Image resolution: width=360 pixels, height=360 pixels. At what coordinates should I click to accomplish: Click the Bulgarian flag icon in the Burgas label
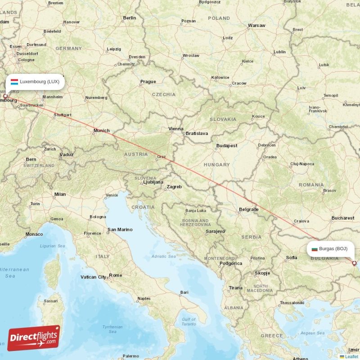coord(315,248)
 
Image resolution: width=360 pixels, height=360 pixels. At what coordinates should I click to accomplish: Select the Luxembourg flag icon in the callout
coord(14,81)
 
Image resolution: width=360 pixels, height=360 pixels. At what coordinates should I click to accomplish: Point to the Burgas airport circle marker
coord(354,263)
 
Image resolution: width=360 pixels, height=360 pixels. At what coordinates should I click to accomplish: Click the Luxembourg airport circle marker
coord(5,96)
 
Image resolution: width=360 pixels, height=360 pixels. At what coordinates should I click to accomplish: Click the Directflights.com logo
coord(34,337)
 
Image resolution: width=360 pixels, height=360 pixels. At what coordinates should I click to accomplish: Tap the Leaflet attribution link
coord(351,356)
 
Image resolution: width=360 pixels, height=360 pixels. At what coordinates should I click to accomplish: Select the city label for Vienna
coord(175,129)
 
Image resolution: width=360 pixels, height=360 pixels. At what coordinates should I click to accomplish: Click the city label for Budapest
coord(226,146)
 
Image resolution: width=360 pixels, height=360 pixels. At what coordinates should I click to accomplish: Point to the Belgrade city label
coord(248,209)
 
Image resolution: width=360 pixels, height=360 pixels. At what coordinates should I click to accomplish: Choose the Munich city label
coord(101,130)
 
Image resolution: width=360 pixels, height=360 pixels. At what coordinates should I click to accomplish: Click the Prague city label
coord(148,81)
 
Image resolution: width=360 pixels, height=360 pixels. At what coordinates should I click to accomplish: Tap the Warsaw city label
coord(256,26)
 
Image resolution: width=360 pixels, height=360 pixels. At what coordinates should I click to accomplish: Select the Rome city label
coord(115,275)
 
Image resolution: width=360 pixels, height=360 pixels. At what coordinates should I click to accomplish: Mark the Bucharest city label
coord(342,218)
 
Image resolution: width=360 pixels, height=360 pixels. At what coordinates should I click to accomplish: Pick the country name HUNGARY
coord(216,165)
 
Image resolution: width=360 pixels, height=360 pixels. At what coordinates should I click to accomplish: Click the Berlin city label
coord(129,18)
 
